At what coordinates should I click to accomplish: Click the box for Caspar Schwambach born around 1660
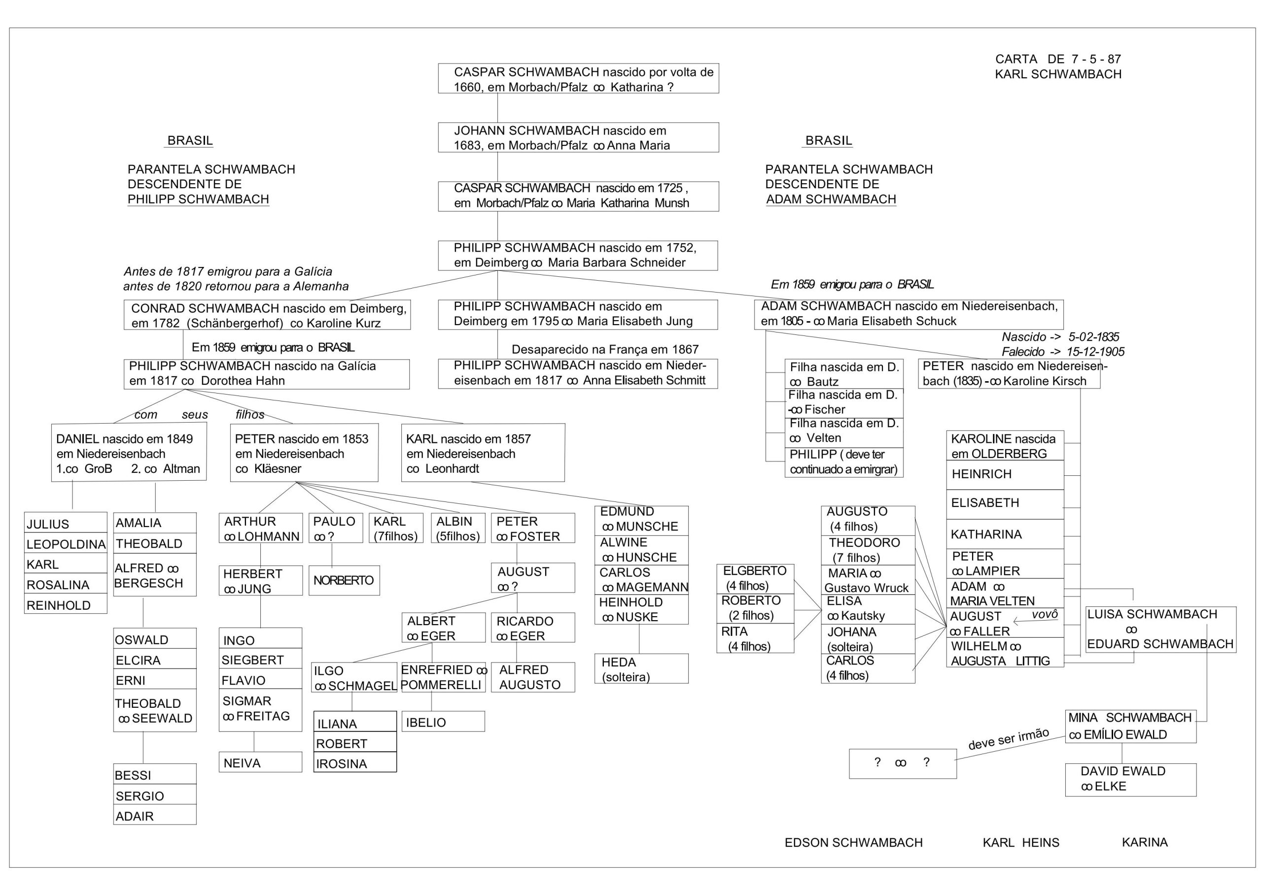click(578, 78)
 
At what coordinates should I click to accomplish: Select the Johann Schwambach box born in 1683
click(578, 137)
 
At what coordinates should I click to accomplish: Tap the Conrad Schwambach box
click(267, 315)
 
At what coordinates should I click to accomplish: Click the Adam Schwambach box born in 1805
click(908, 314)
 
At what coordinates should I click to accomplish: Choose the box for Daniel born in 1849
click(129, 453)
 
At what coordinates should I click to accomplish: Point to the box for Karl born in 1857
click(483, 453)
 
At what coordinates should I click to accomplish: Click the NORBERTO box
click(344, 580)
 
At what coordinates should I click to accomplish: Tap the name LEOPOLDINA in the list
click(66, 544)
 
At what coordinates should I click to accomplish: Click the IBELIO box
click(443, 722)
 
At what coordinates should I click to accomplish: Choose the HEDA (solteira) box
click(641, 669)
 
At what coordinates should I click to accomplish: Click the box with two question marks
click(902, 763)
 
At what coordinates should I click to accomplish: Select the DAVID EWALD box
click(1130, 779)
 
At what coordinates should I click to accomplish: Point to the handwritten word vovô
click(1044, 615)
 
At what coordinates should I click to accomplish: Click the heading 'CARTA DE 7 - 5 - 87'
click(1057, 59)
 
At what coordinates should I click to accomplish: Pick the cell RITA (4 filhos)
click(755, 639)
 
